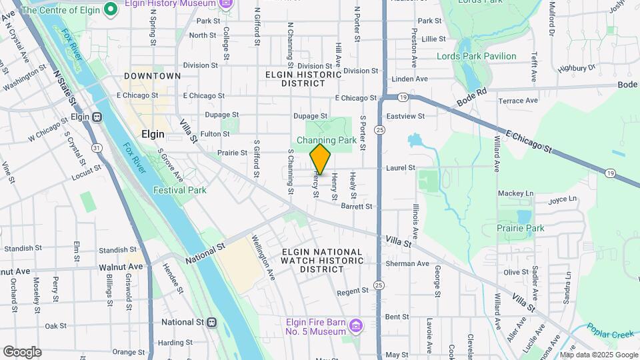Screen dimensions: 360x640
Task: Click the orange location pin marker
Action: [321, 159]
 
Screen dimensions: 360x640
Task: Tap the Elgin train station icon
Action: [97, 117]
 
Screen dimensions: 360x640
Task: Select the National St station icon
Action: [212, 322]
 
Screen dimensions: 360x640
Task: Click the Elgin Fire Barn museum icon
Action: [356, 325]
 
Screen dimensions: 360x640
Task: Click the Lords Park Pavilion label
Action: [476, 57]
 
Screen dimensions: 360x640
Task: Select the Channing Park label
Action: [327, 140]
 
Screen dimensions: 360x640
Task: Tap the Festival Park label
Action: [180, 190]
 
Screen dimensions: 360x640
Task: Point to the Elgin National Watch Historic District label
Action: [322, 261]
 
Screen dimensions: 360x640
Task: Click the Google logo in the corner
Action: [22, 351]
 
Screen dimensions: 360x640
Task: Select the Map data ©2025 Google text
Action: [598, 355]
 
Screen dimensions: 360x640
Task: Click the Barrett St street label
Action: [356, 207]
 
